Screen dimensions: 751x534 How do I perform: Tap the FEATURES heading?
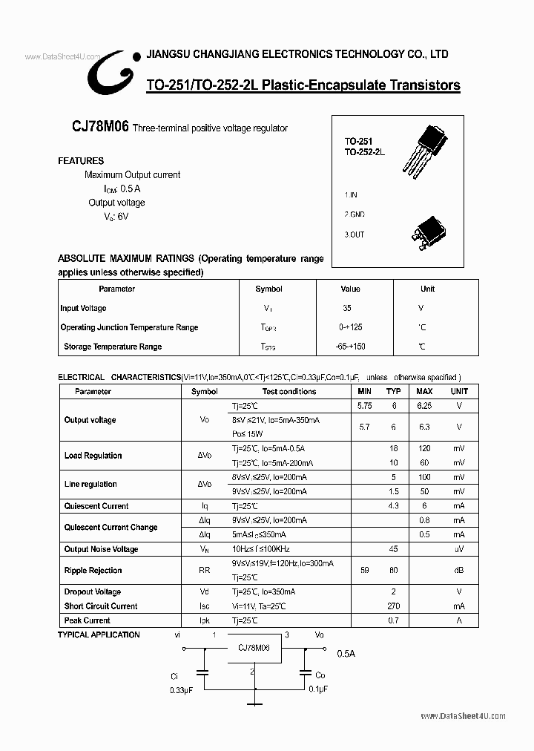pyautogui.click(x=81, y=160)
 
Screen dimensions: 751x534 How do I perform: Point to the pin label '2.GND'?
pyautogui.click(x=354, y=214)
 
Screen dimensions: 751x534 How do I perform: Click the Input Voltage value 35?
pyautogui.click(x=347, y=308)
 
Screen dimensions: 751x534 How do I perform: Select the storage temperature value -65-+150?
pyautogui.click(x=350, y=347)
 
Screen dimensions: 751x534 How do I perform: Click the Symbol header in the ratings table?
pyautogui.click(x=268, y=289)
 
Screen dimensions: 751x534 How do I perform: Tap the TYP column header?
pyautogui.click(x=394, y=391)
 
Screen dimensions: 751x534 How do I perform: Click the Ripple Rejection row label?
pyautogui.click(x=93, y=571)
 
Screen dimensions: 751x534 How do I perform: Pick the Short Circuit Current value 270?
pyautogui.click(x=394, y=606)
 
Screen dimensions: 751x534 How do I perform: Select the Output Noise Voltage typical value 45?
pyautogui.click(x=394, y=549)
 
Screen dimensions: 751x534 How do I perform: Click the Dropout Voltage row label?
pyautogui.click(x=92, y=592)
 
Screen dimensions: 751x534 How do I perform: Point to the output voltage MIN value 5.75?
pyautogui.click(x=364, y=406)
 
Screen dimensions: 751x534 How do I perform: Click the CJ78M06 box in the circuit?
pyautogui.click(x=254, y=647)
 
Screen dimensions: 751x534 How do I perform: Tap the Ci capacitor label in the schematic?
pyautogui.click(x=174, y=676)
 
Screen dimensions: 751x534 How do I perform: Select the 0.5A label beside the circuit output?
pyautogui.click(x=346, y=654)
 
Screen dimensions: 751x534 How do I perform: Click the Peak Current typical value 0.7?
pyautogui.click(x=394, y=620)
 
